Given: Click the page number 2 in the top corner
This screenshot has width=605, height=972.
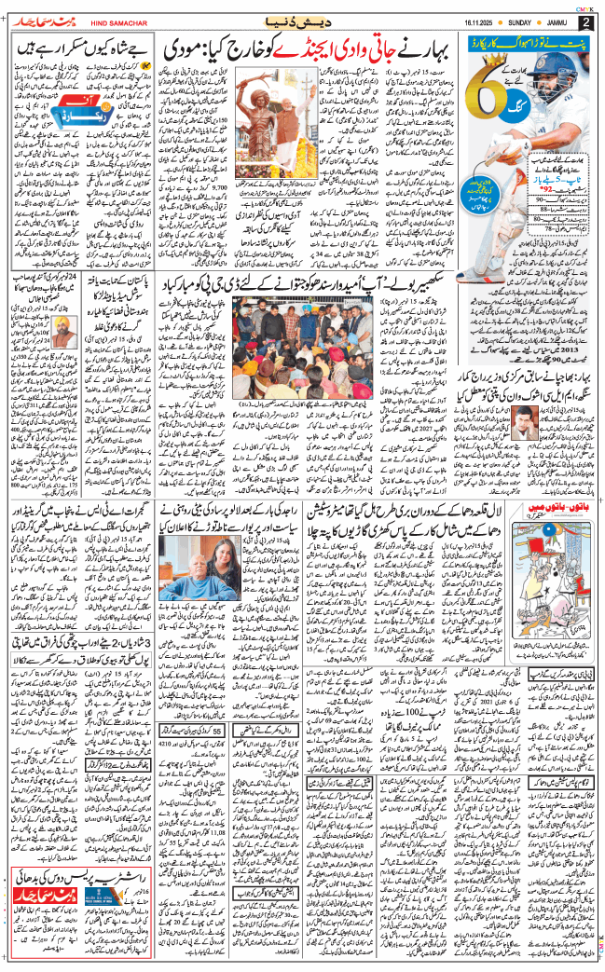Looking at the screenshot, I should [584, 21].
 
